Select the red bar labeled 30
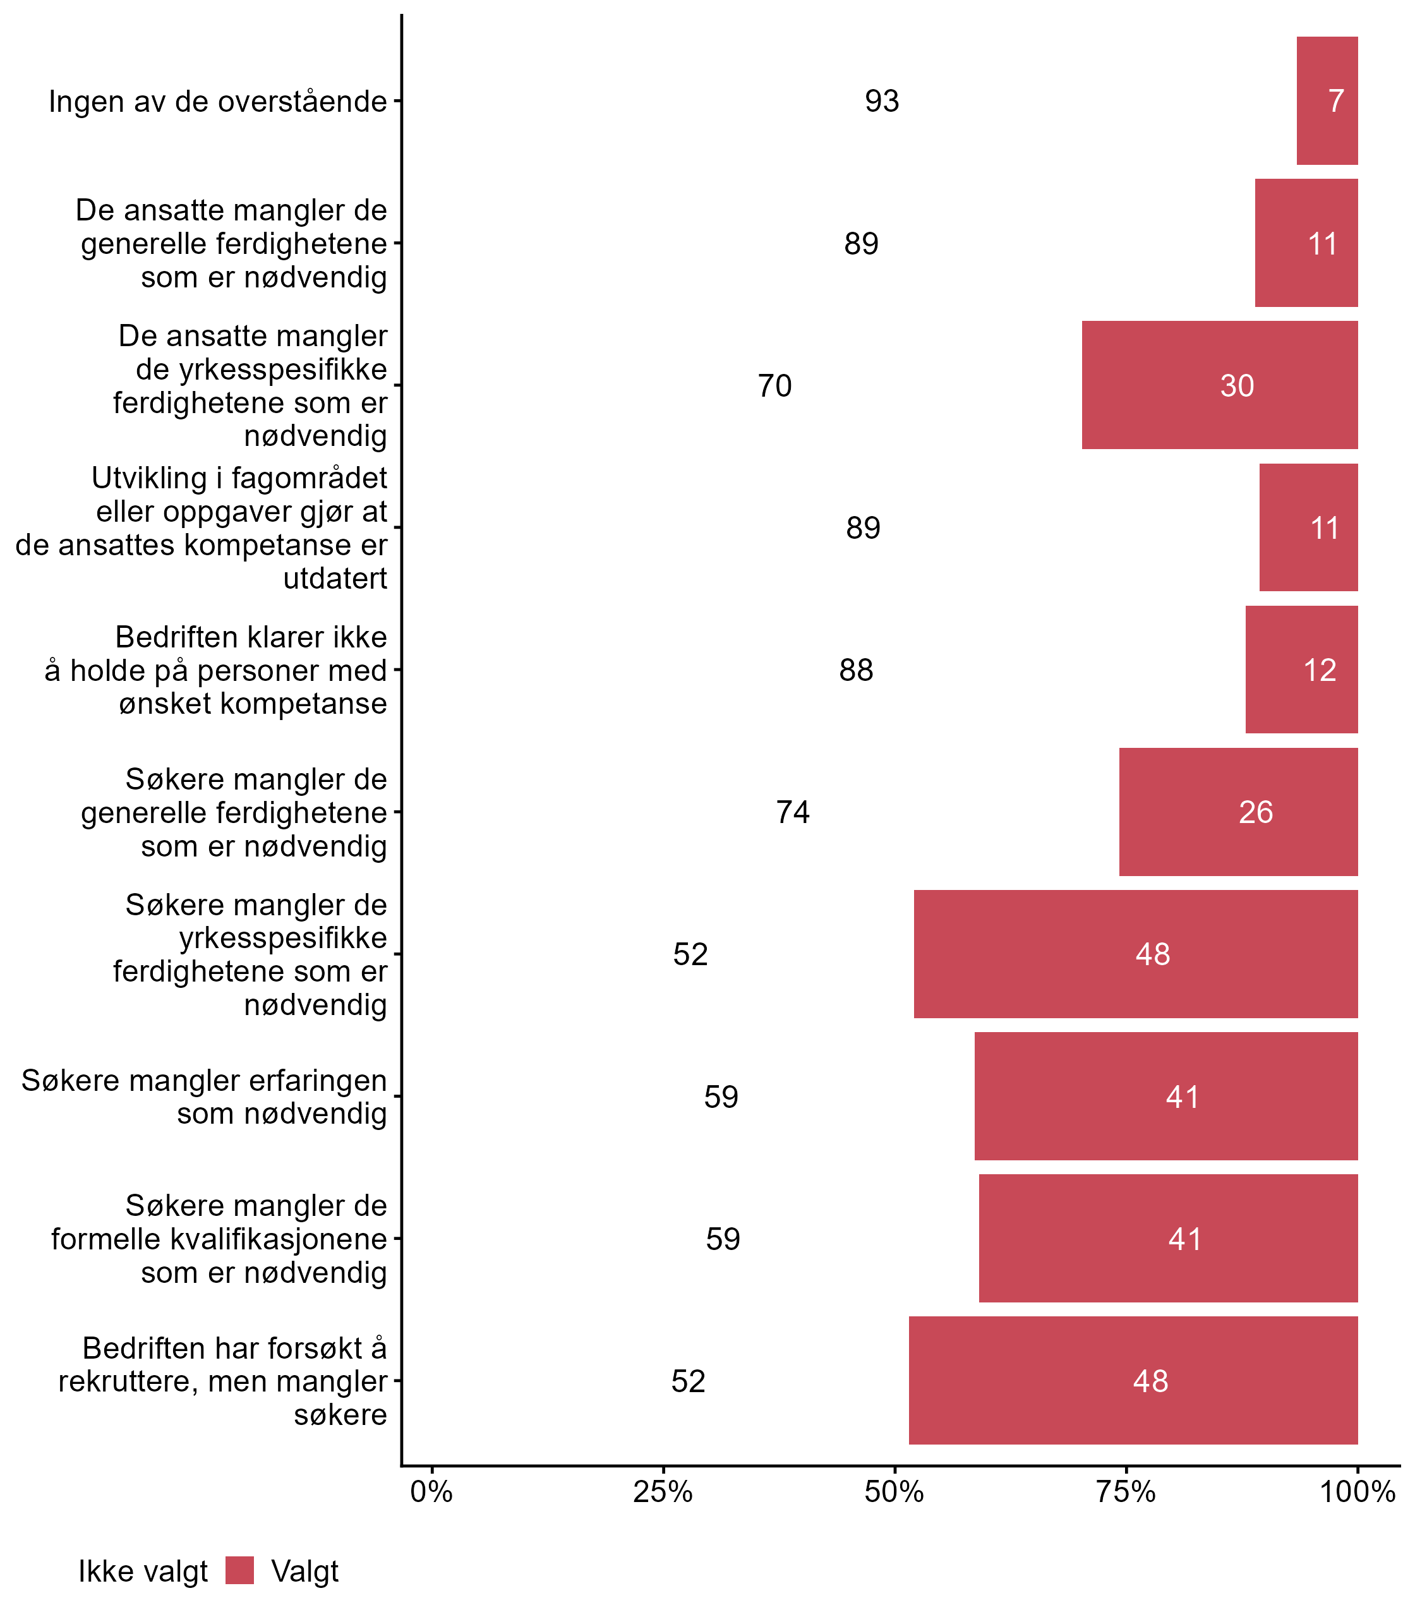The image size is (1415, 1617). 1219,385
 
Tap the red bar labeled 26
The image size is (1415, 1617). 1238,812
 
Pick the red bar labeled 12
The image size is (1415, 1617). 1301,670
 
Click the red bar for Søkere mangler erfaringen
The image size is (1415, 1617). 1165,1096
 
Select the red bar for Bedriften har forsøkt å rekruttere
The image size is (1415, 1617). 1133,1381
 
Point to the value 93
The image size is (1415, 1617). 881,102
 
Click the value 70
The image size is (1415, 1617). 774,386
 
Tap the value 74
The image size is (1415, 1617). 793,812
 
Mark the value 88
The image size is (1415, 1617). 856,670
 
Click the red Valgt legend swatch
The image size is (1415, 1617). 239,1570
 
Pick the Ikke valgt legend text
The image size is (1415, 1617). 143,1572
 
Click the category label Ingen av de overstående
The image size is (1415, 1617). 218,102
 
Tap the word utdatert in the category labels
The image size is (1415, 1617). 335,579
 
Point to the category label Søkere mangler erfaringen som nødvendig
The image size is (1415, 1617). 203,1097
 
